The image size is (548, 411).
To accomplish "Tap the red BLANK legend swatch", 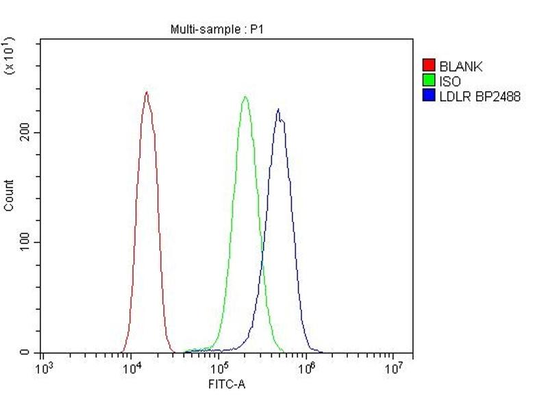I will pos(429,66).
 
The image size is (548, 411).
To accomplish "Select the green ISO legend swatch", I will pos(429,82).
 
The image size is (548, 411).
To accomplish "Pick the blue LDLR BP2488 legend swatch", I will pos(429,97).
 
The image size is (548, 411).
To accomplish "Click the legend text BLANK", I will pos(461,66).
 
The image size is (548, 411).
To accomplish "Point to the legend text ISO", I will pos(450,82).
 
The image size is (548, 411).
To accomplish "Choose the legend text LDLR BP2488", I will pos(480,97).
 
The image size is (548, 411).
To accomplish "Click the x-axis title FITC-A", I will pos(227,384).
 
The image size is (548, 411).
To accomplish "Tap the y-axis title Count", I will pos(9,195).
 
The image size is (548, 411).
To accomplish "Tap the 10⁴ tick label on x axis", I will pos(132,369).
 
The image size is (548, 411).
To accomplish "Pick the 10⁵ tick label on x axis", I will pos(219,369).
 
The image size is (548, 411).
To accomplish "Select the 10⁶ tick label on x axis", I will pos(307,369).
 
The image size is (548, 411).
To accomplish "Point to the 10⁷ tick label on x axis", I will pos(394,369).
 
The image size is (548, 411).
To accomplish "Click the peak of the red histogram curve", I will pos(146,92).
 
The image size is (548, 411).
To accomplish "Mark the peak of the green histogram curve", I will pos(245,97).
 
